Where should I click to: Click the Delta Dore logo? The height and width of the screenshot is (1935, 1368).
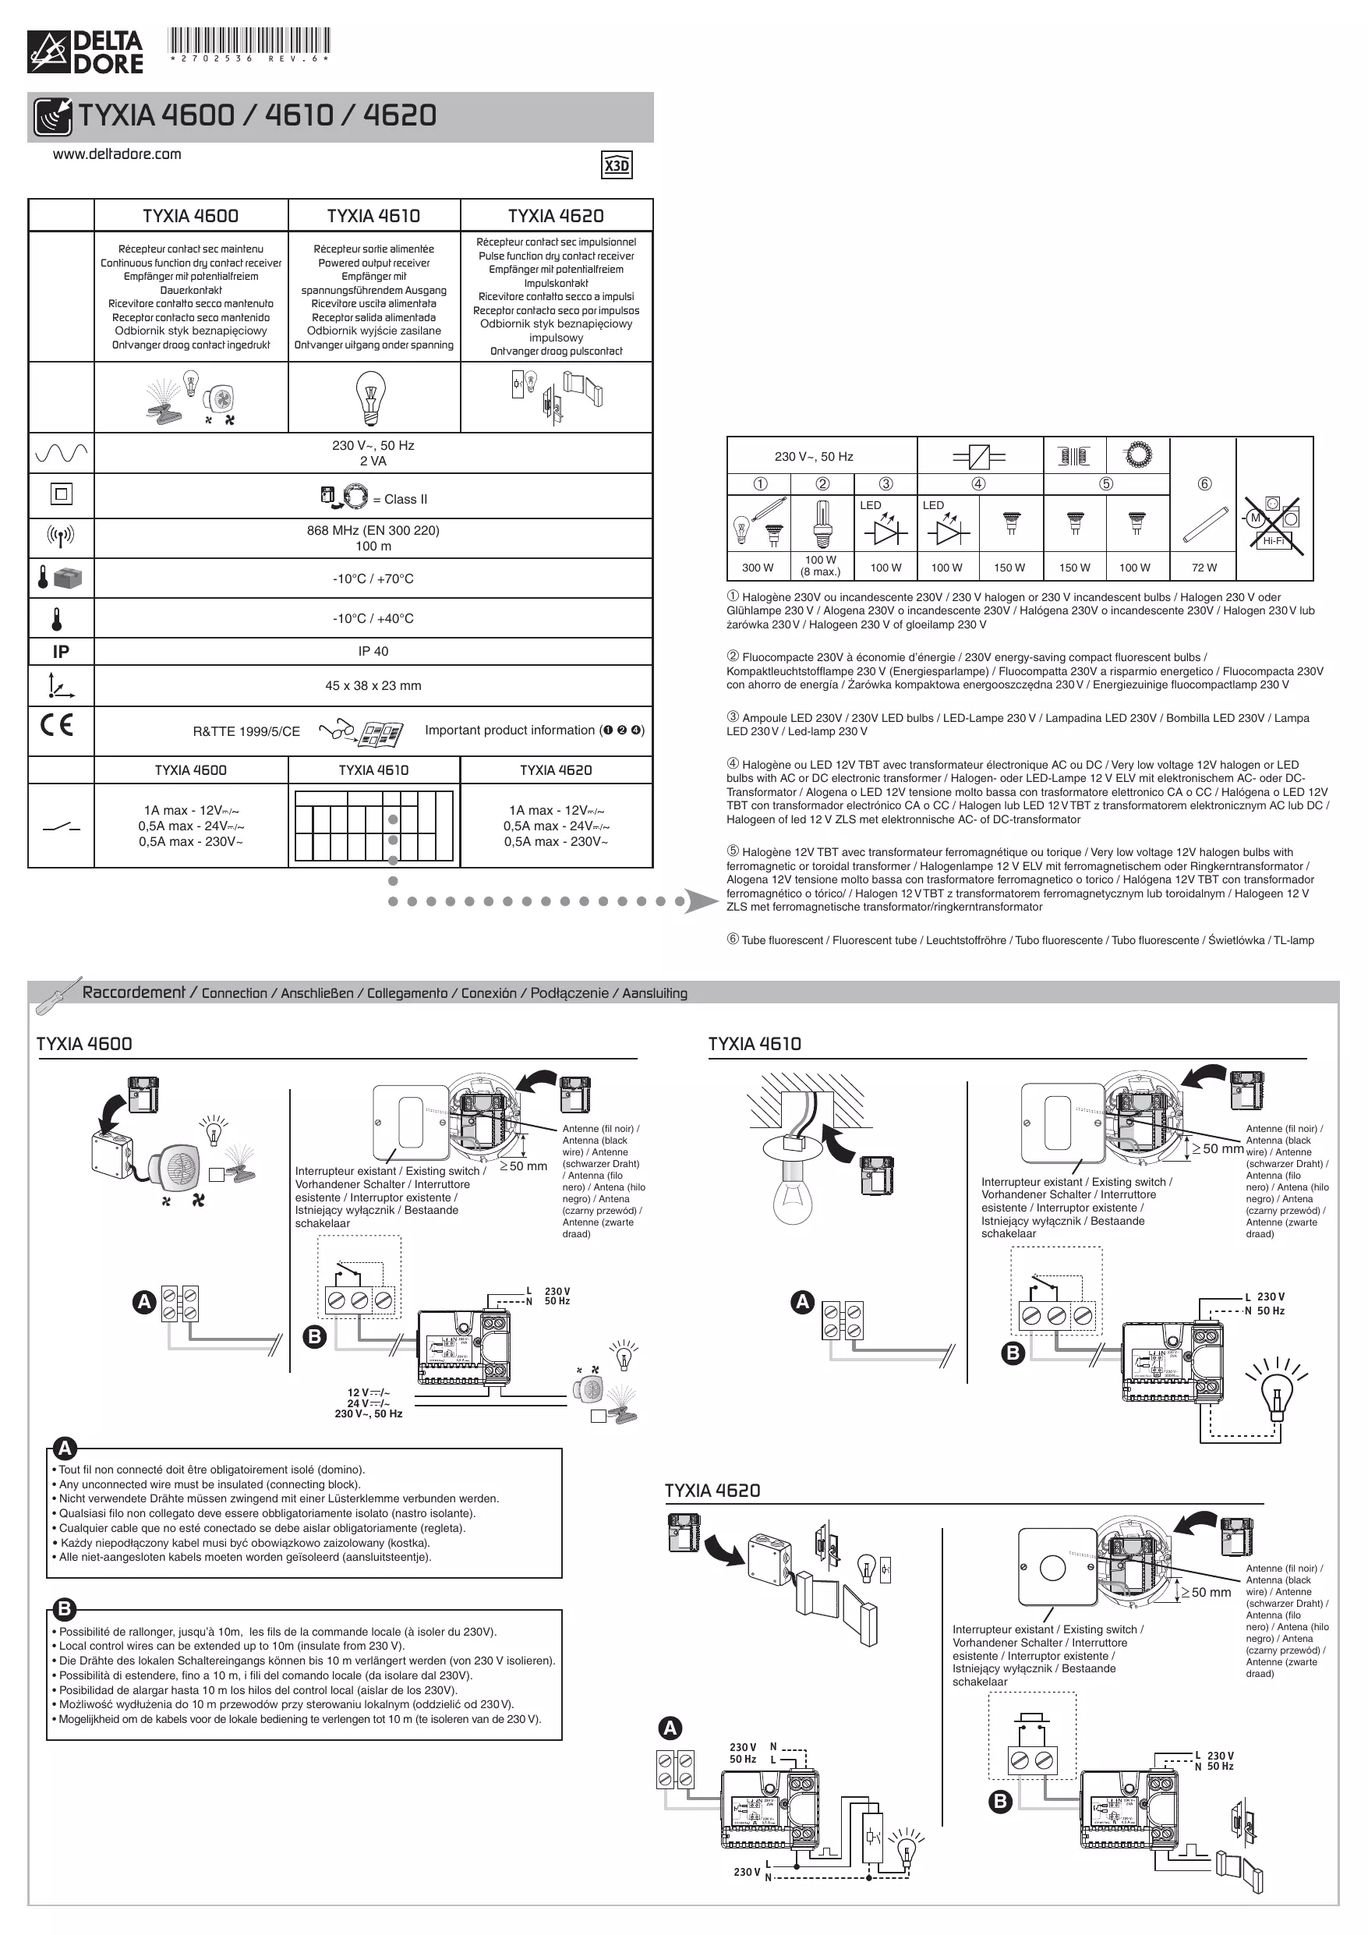click(85, 52)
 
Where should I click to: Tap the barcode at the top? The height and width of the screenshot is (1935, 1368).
click(249, 41)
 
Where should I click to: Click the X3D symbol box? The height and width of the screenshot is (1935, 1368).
click(617, 165)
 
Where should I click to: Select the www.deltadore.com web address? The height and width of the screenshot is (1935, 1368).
click(117, 154)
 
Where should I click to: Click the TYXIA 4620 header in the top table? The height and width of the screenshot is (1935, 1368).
click(556, 216)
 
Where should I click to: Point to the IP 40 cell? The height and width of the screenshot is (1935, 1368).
click(373, 651)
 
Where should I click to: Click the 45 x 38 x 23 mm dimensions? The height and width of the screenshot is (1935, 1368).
click(373, 685)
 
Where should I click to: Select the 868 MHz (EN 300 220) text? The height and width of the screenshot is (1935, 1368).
click(373, 530)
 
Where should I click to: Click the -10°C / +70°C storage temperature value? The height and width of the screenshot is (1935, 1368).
click(373, 579)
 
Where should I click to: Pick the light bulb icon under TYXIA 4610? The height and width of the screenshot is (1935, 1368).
click(371, 398)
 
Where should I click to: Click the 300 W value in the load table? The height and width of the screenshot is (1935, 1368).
click(757, 568)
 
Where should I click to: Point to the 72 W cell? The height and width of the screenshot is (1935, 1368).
click(1204, 568)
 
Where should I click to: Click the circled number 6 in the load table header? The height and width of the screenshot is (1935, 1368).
click(1204, 483)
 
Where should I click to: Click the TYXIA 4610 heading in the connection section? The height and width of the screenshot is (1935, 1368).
click(755, 1043)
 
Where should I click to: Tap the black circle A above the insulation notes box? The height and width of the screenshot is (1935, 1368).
click(65, 1449)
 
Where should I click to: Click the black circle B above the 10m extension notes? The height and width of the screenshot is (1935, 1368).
click(65, 1609)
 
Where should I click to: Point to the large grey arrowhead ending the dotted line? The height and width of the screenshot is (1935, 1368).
click(701, 901)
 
